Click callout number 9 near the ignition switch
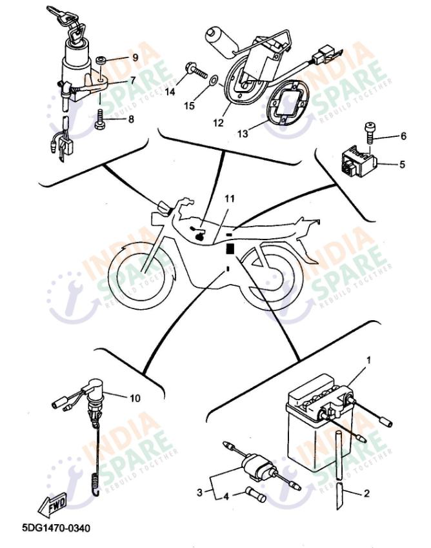(135, 57)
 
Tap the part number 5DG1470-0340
(56, 528)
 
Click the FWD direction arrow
(52, 505)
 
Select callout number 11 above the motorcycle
(230, 199)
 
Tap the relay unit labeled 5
(359, 163)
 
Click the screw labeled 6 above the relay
(370, 133)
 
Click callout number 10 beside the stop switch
(135, 398)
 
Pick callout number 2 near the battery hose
(366, 494)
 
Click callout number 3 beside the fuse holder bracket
(199, 492)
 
